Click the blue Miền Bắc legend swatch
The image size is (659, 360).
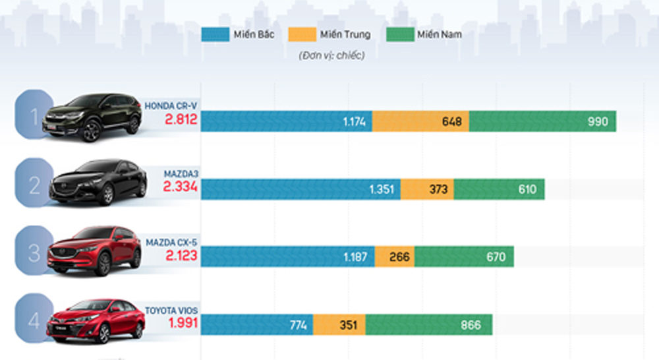click(215, 34)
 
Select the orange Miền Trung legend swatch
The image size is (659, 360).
click(302, 34)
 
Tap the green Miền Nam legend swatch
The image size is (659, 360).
click(400, 34)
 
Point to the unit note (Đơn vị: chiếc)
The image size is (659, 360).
click(331, 55)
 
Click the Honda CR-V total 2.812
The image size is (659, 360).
click(181, 119)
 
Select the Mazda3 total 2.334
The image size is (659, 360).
click(181, 187)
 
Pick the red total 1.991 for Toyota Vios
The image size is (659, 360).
click(183, 323)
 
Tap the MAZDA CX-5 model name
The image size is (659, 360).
click(171, 243)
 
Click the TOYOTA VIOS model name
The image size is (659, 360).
click(171, 311)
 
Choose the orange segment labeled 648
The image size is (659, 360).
click(420, 121)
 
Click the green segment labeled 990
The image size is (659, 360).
click(543, 121)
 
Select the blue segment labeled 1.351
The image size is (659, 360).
click(301, 189)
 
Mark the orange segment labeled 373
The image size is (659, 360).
click(427, 189)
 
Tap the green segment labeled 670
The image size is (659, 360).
click(464, 256)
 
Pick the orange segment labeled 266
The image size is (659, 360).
click(395, 256)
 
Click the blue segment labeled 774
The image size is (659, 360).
click(257, 324)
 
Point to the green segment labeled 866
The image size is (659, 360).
click(429, 324)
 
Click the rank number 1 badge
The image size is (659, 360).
click(34, 114)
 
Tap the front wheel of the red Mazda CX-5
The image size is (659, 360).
click(103, 264)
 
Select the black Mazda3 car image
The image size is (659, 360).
click(98, 182)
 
